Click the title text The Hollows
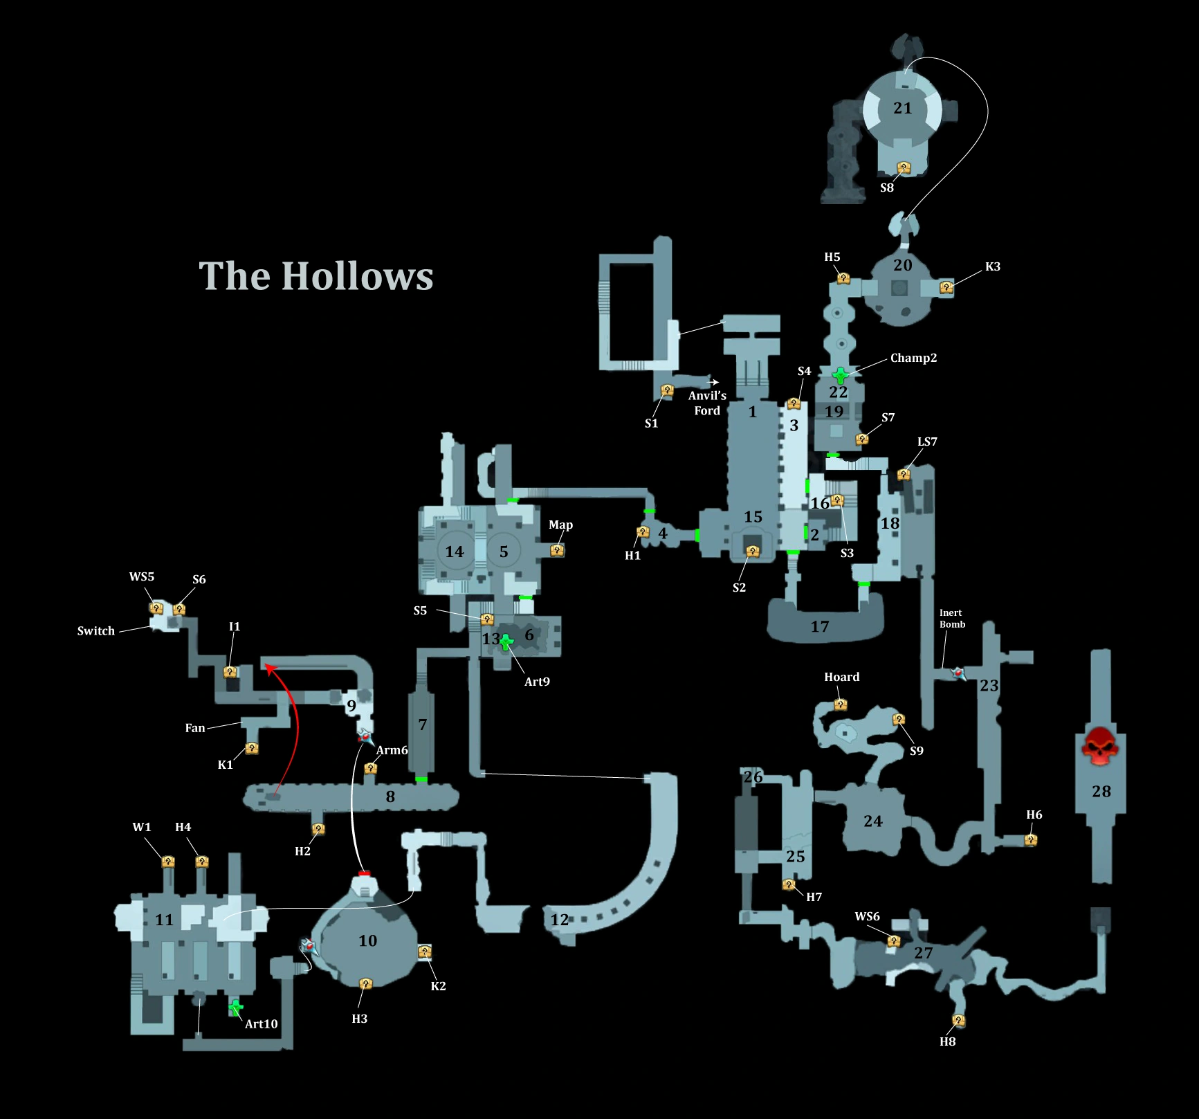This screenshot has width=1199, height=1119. click(x=315, y=276)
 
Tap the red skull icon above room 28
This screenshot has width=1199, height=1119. click(x=1100, y=745)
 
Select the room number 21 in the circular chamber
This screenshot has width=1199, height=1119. click(x=903, y=108)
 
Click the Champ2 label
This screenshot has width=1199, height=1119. click(x=913, y=358)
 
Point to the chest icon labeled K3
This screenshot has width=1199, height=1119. click(x=946, y=286)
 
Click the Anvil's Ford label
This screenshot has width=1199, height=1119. click(x=707, y=403)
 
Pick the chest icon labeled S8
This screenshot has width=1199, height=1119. click(x=904, y=168)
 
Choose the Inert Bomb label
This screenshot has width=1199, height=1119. click(x=952, y=618)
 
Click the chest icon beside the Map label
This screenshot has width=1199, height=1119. click(x=557, y=550)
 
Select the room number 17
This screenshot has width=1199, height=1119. click(x=820, y=627)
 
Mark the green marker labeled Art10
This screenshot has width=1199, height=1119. click(x=236, y=1007)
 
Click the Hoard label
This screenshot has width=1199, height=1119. click(x=841, y=677)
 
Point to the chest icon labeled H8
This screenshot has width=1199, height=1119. click(x=958, y=1021)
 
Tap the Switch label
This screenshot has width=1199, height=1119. click(x=96, y=630)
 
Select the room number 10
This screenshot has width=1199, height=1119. click(x=367, y=940)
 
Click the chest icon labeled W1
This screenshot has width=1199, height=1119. click(x=168, y=862)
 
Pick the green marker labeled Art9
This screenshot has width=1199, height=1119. click(x=506, y=642)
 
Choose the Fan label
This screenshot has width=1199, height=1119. click(x=195, y=728)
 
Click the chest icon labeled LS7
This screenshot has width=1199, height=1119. click(x=904, y=474)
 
